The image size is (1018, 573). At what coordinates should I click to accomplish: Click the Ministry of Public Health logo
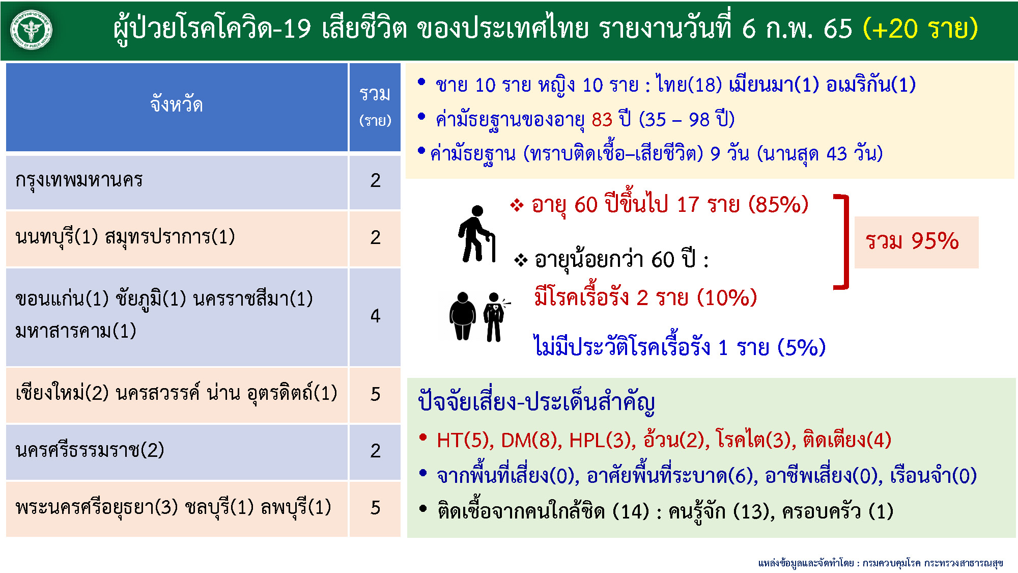32,30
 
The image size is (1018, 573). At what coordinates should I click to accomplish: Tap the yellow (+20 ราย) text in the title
920,29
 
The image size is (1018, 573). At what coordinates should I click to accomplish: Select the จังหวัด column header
177,105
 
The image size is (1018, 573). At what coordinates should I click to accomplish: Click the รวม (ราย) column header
375,106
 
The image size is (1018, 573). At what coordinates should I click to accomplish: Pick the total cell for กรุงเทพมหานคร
375,180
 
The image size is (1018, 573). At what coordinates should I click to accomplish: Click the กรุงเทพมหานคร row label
79,180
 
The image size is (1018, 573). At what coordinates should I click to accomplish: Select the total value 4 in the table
375,316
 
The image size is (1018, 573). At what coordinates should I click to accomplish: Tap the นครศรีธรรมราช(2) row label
90,450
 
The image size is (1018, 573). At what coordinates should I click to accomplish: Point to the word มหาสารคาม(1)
76,331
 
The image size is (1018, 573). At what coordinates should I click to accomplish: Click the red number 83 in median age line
602,120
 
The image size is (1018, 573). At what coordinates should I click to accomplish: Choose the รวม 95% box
916,242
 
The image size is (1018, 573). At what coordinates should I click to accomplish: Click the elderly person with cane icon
476,234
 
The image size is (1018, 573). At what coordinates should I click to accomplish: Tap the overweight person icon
462,316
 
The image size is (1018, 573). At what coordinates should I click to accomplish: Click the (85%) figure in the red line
778,205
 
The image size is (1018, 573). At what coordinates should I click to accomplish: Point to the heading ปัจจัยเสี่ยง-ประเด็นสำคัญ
536,402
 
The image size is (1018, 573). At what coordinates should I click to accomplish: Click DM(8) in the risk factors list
531,440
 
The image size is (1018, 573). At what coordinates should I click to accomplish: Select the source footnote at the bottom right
880,563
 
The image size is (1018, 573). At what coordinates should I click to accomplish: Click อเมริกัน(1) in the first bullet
870,85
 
